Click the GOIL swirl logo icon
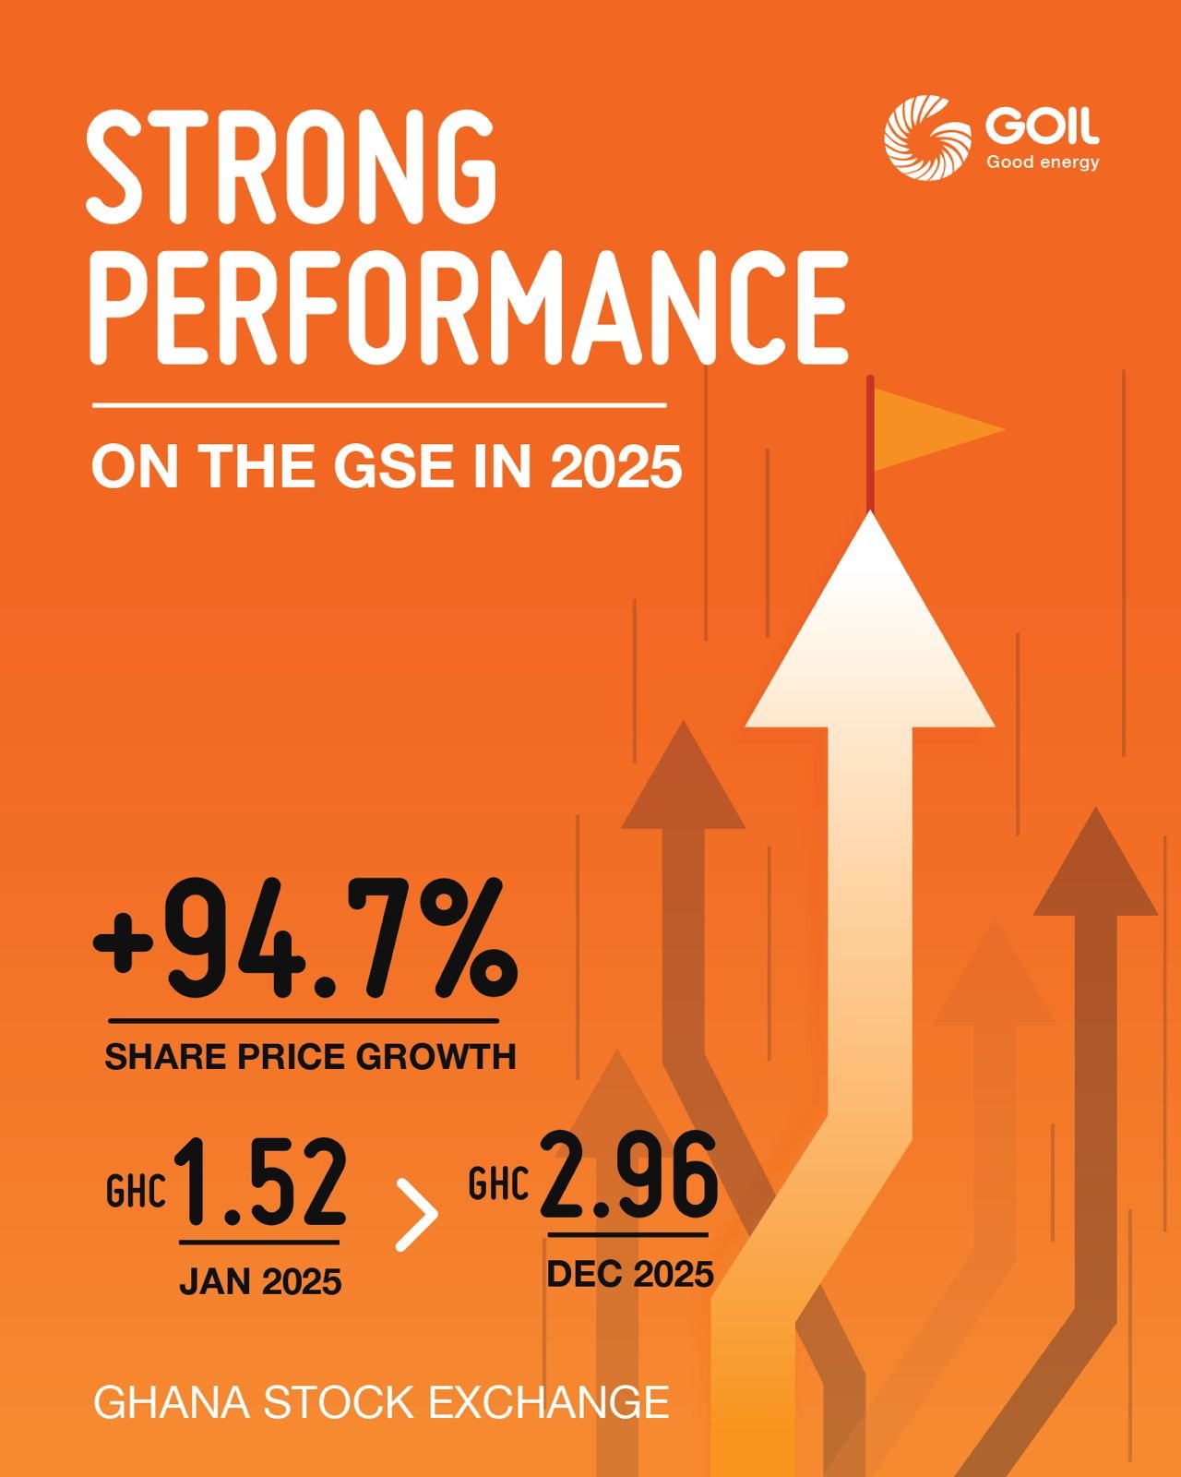click(927, 136)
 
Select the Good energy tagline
click(1043, 163)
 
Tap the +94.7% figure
click(304, 940)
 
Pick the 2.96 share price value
click(628, 1174)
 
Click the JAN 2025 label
click(260, 1282)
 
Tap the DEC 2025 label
click(630, 1275)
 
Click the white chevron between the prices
click(417, 1214)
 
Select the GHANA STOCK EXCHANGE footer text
click(381, 1402)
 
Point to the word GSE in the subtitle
click(395, 466)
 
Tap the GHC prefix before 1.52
click(136, 1192)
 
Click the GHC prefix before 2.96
click(498, 1184)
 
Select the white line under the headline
click(378, 404)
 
